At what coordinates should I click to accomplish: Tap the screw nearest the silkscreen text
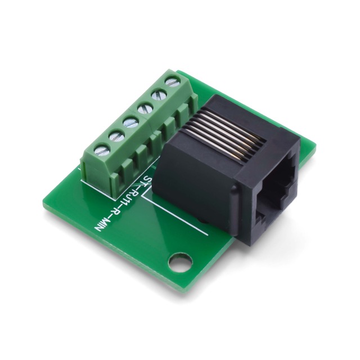click(x=102, y=150)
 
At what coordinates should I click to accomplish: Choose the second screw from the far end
click(x=159, y=95)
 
